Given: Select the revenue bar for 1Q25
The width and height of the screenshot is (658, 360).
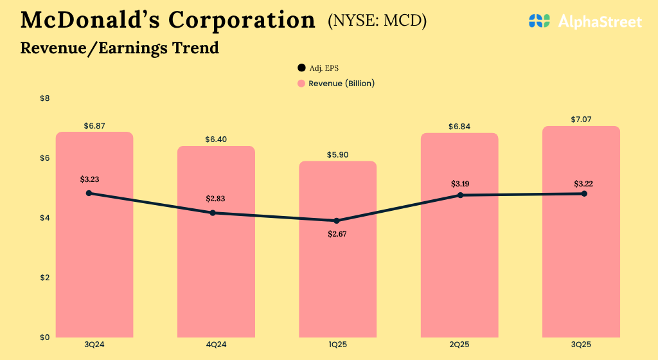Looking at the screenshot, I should click(338, 276).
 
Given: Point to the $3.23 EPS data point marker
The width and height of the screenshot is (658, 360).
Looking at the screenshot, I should click(89, 193).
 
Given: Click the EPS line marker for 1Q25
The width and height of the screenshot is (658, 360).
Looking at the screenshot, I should click(337, 221).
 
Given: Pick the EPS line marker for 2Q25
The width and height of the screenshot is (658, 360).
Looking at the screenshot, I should click(460, 195).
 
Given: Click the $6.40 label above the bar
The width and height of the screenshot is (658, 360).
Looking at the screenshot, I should click(216, 139).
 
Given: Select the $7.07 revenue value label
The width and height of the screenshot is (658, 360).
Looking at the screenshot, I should click(581, 120).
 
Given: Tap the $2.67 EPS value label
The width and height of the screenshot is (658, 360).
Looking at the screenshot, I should click(338, 234).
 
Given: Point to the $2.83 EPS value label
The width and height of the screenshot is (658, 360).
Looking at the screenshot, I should click(215, 198).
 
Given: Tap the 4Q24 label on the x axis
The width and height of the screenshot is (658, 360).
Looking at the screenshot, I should click(216, 345).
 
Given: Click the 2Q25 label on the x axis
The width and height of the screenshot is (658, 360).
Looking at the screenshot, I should click(459, 345).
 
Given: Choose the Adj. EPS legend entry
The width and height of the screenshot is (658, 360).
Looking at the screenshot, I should click(322, 67).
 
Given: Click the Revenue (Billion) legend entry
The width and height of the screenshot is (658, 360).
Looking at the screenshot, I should click(335, 84).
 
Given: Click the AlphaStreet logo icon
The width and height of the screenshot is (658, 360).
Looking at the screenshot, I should click(540, 21).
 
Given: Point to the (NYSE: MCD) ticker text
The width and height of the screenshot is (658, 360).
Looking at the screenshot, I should click(377, 21).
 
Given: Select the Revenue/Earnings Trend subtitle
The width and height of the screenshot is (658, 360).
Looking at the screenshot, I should click(120, 48).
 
